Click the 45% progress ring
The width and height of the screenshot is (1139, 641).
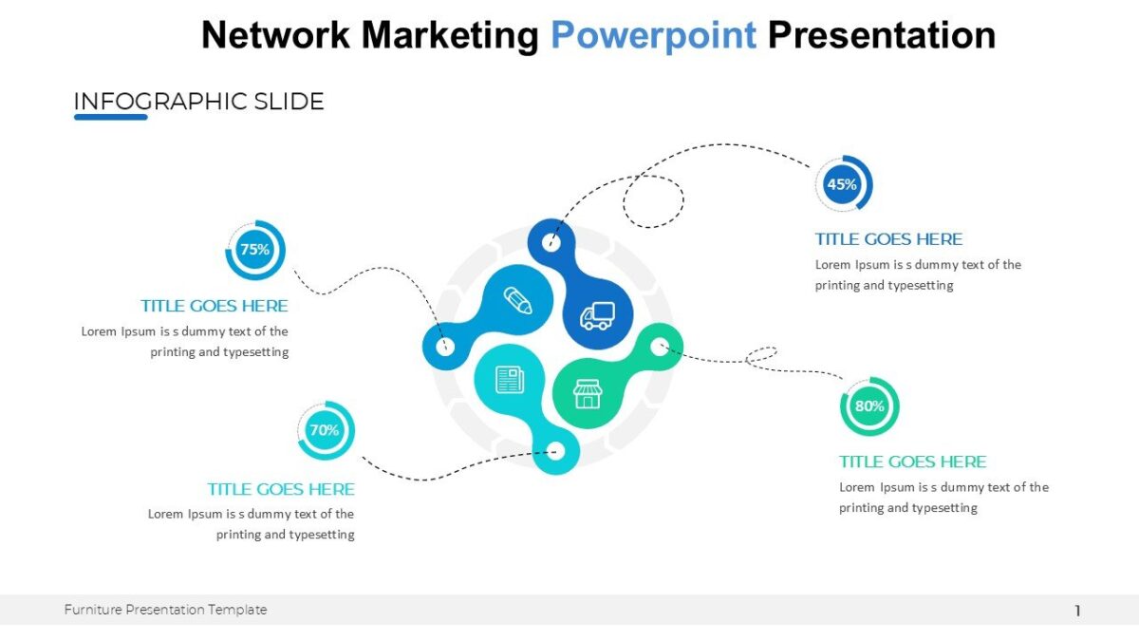click(843, 184)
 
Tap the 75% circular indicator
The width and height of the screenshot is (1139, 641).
click(254, 250)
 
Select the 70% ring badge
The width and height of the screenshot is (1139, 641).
click(325, 430)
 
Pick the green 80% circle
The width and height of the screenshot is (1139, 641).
click(868, 406)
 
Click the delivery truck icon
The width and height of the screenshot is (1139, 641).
click(597, 315)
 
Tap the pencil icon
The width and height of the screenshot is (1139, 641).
click(517, 301)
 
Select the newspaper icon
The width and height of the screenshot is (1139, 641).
click(510, 380)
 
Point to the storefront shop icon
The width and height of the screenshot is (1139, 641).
click(588, 394)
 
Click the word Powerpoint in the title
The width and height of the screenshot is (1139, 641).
click(654, 35)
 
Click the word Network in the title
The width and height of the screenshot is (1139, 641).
click(275, 35)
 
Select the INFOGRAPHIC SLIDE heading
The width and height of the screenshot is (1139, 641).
click(199, 102)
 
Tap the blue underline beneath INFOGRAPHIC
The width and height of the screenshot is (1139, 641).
click(111, 117)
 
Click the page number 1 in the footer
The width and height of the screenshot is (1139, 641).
click(1077, 611)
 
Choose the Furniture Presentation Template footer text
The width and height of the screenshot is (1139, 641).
click(166, 610)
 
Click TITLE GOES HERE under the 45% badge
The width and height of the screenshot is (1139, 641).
click(888, 239)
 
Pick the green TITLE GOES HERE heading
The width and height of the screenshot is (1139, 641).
click(912, 462)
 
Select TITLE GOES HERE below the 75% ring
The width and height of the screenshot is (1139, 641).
click(215, 306)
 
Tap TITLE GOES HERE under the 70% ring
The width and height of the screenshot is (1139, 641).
click(281, 489)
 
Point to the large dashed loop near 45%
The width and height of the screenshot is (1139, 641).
click(654, 201)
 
